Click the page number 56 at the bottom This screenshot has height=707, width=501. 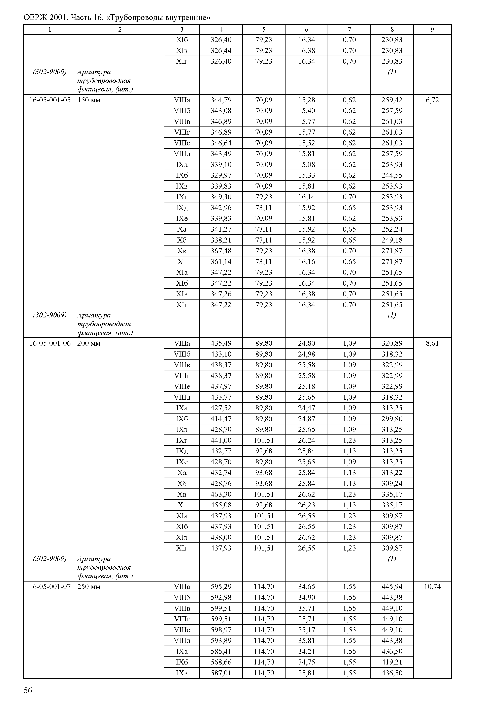coord(28,690)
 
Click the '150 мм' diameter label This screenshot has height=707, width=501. coord(89,100)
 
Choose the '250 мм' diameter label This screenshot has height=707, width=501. coord(89,587)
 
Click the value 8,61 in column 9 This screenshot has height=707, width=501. coord(432,343)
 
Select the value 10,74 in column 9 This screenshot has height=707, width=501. coord(432,587)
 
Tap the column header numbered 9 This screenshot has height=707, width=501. coord(432,29)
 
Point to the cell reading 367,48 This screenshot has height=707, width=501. coord(221,251)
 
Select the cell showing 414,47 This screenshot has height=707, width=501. coord(221,419)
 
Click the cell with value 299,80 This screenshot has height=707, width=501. coord(392,419)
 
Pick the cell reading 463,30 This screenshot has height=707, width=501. coord(221,494)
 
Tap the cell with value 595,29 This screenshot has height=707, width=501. coord(221,587)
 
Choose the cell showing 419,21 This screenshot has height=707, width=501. coord(392,662)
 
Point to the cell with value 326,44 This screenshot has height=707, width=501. coord(221,50)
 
